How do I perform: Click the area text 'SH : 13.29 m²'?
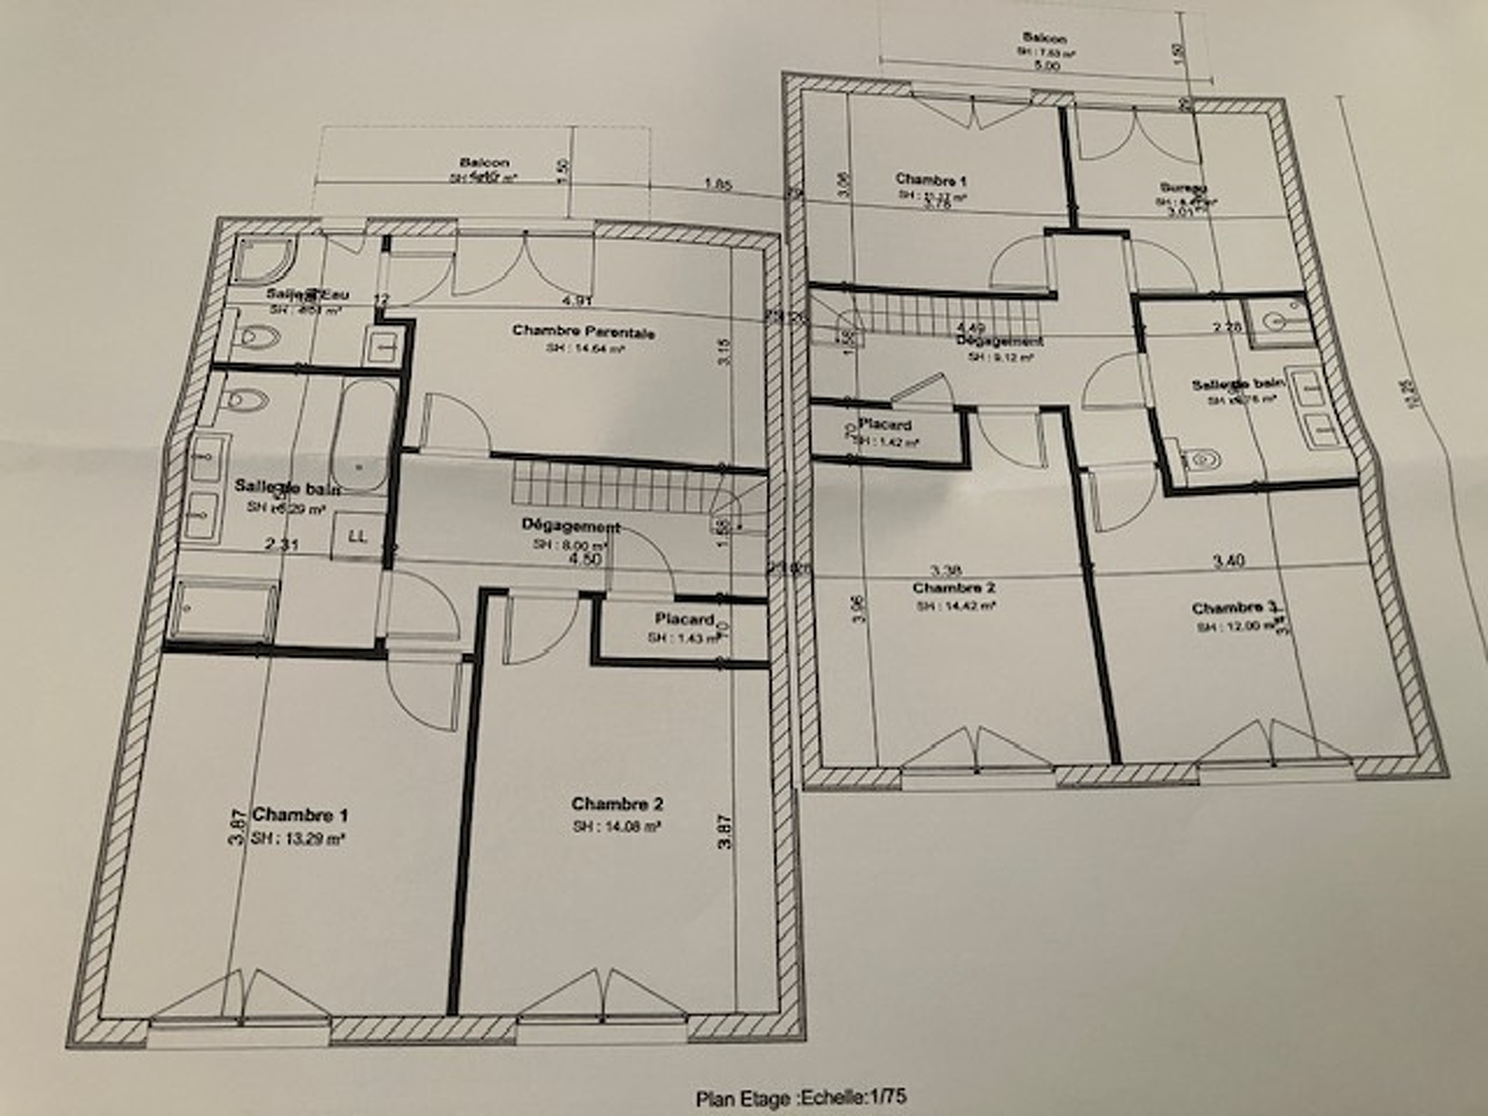299,838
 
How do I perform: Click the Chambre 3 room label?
1234,608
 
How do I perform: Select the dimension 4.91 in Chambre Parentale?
577,301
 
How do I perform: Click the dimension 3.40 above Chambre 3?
1228,560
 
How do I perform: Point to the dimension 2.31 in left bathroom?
282,545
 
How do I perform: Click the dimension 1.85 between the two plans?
718,184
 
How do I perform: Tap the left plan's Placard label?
684,619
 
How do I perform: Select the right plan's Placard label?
885,425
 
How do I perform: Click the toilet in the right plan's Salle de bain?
1201,459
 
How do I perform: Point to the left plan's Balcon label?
484,162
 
